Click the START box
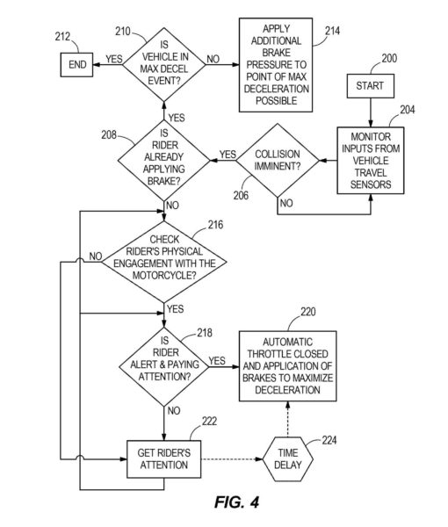371,86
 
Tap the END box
76,64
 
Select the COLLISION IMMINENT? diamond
278,161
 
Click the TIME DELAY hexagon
288,459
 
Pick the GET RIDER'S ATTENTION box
164,459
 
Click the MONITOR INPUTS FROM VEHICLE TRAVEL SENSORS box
371,161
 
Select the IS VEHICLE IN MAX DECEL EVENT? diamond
164,64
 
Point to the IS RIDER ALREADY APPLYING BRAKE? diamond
164,161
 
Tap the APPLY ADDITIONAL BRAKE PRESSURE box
276,65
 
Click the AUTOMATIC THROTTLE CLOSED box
288,366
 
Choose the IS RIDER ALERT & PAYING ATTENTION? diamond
164,366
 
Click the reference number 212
62,36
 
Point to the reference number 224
329,440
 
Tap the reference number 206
241,195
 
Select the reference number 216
215,225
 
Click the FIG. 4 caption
237,502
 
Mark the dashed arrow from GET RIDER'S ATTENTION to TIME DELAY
232,459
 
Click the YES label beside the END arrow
114,59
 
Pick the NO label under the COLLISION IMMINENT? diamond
286,203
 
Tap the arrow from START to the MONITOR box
371,112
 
